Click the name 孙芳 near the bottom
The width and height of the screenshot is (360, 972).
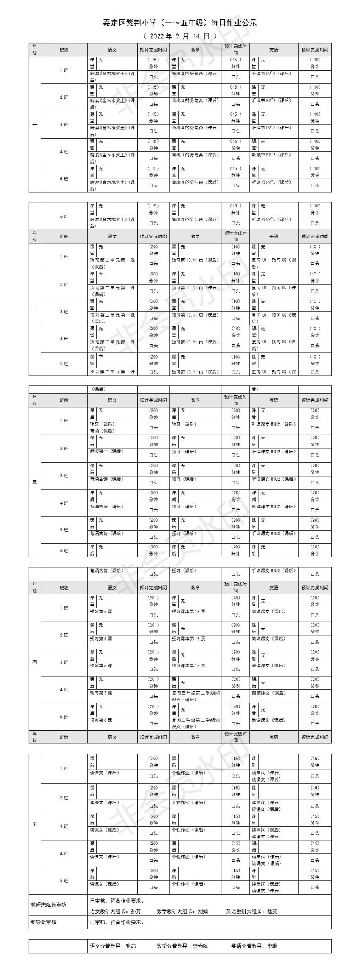coord(136,911)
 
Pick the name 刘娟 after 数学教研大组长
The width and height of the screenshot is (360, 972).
coord(202,911)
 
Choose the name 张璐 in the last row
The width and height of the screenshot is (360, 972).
coord(132,946)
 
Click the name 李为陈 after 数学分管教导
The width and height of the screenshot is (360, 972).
coord(200,946)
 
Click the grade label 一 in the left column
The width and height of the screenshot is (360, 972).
coord(35,125)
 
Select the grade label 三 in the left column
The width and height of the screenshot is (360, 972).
coord(35,482)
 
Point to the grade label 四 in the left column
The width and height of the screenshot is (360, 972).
coord(35,662)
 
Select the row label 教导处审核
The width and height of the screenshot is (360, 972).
coord(43,922)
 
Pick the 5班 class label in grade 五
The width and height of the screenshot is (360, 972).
coord(64,880)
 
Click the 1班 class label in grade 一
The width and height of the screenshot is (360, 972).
coord(64,70)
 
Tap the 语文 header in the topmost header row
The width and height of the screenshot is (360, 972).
coord(112,49)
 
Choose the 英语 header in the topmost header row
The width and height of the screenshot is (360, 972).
coord(274,49)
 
